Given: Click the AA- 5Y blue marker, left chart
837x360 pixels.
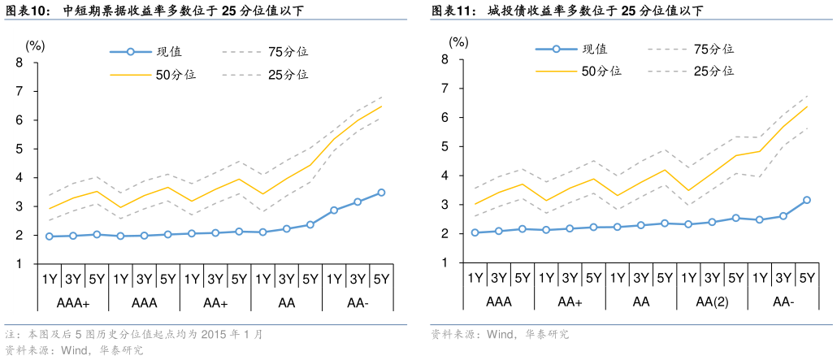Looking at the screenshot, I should click(381, 193).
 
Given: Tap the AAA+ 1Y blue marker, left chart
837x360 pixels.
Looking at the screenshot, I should click(50, 236).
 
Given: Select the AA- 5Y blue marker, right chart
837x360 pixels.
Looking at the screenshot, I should click(807, 200).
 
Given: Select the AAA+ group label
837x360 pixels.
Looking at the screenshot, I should click(73, 303).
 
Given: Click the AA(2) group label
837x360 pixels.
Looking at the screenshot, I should click(712, 302).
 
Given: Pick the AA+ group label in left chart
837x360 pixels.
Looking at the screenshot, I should click(215, 303).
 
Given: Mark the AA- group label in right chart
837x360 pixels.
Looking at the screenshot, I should click(783, 302).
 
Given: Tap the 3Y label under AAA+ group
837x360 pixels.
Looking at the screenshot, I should click(73, 280).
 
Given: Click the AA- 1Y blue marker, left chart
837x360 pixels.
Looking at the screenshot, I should click(334, 210).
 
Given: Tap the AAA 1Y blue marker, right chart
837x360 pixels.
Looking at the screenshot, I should click(475, 232).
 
